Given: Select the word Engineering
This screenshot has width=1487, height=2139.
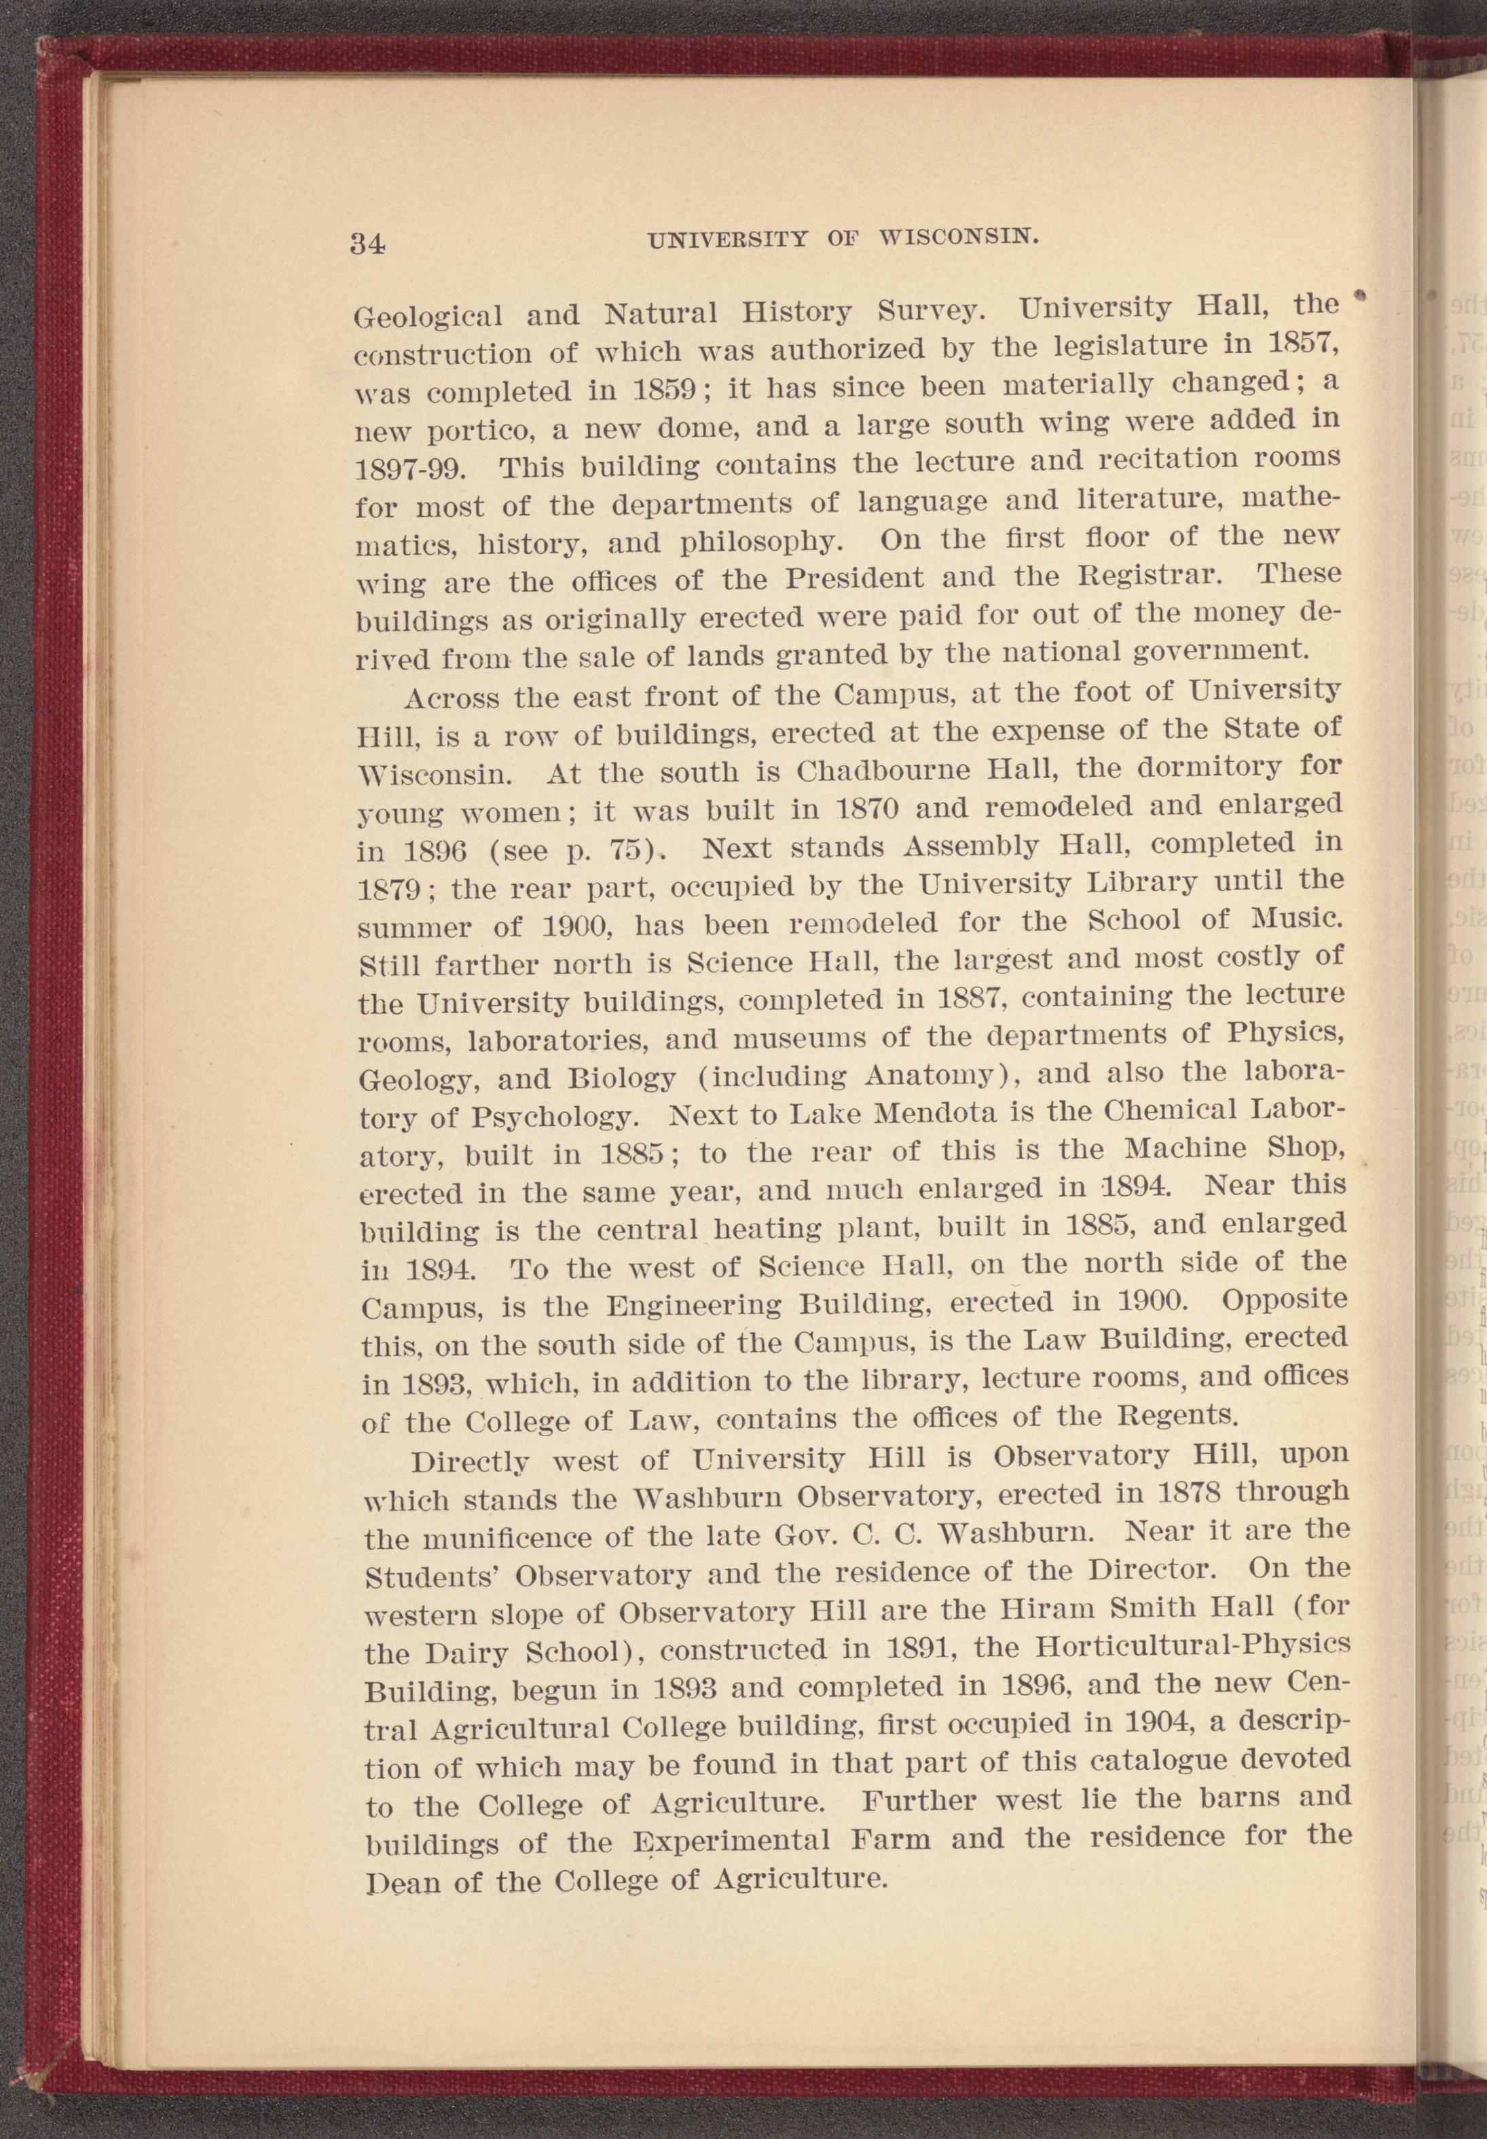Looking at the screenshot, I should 714,1305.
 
